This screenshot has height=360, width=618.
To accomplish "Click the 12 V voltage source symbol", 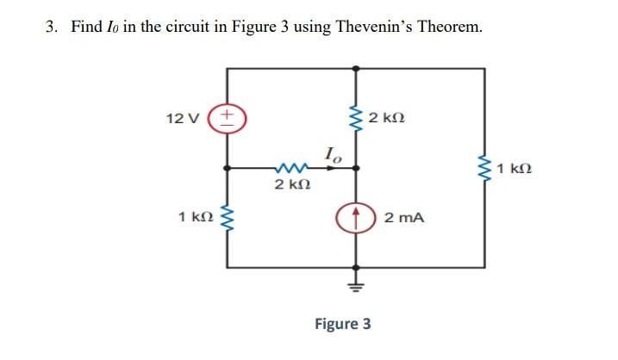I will click(227, 116).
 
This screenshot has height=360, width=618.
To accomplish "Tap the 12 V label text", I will click(184, 117).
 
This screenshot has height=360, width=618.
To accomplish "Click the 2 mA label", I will click(403, 219).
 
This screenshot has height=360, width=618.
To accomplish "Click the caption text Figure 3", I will click(343, 324).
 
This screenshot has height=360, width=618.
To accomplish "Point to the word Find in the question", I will click(86, 27).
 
